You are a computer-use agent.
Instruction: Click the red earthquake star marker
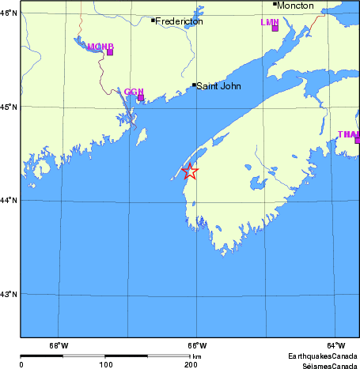(x=190, y=171)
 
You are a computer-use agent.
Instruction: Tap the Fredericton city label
(x=179, y=21)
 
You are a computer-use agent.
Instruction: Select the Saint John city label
(x=219, y=85)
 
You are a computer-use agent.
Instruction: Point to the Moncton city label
(x=295, y=6)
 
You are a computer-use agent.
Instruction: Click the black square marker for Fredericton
(x=153, y=20)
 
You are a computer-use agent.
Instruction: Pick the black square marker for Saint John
(x=194, y=85)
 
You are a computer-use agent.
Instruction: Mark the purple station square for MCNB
(x=110, y=52)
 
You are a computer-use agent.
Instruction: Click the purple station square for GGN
(x=141, y=98)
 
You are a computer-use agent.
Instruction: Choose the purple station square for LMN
(x=275, y=28)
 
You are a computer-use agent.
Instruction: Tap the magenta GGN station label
(x=133, y=92)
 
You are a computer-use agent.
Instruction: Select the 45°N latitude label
(x=9, y=107)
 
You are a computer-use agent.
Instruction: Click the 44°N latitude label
(x=9, y=201)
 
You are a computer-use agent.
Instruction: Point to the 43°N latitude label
(x=9, y=295)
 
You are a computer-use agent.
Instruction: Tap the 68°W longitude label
(x=58, y=345)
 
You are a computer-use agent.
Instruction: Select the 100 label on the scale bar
(x=105, y=365)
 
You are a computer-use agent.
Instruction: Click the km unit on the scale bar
(x=197, y=357)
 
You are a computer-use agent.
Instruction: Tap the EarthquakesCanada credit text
(x=322, y=356)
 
